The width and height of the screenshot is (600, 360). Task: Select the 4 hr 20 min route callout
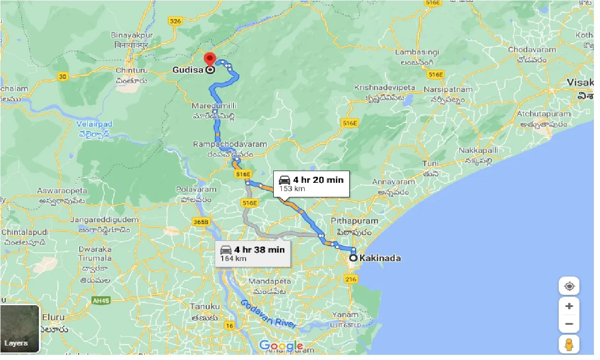[x=312, y=183]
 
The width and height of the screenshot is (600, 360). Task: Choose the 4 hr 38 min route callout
[x=253, y=254]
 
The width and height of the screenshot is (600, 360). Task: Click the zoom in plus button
[x=569, y=306]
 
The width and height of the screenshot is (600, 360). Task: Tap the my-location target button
[x=569, y=286]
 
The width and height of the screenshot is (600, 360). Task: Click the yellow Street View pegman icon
[x=569, y=344]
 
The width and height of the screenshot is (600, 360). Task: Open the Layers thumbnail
[x=20, y=329]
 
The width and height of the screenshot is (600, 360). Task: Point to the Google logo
[x=281, y=346]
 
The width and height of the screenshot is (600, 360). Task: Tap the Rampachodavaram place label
[x=230, y=144]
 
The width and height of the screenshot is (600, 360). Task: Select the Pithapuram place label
[x=354, y=221]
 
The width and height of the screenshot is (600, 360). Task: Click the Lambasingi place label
[x=417, y=52]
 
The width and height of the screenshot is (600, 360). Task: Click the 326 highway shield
[x=175, y=21]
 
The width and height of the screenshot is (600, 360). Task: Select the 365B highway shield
[x=200, y=222]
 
